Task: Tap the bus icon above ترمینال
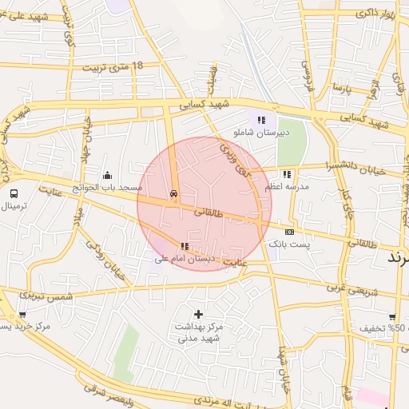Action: (14, 193)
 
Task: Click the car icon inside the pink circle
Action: (173, 194)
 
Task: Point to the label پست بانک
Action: (288, 243)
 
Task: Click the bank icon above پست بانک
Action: (289, 232)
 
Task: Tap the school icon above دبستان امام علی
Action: (185, 247)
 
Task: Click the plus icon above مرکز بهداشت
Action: (198, 314)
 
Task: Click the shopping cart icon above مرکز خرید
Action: (22, 315)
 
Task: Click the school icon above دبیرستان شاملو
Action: (261, 120)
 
